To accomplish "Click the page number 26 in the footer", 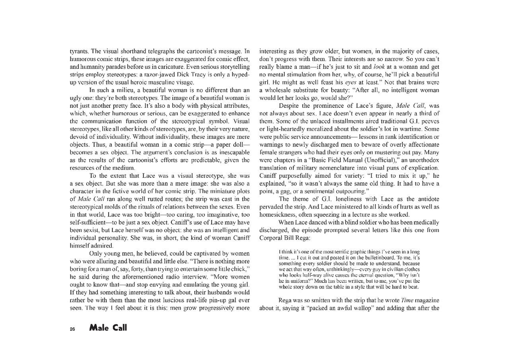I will point(72,329).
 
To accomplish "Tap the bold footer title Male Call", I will point(108,328).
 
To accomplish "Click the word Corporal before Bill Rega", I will point(273,238).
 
